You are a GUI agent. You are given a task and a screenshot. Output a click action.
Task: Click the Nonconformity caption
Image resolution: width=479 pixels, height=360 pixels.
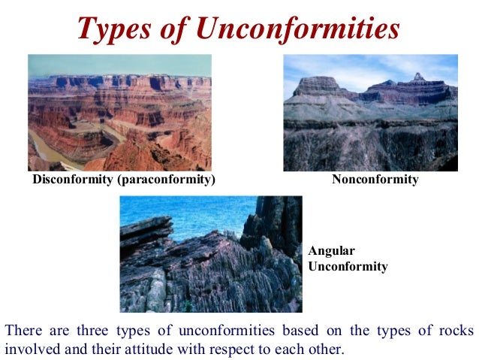pyautogui.click(x=375, y=180)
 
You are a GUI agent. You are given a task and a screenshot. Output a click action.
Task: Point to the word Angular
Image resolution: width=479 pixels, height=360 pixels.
pyautogui.click(x=329, y=251)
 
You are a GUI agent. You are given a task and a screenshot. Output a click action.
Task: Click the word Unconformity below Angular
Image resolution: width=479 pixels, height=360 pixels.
pyautogui.click(x=348, y=266)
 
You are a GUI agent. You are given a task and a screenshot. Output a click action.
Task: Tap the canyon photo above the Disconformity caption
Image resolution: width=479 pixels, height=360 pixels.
pyautogui.click(x=119, y=113)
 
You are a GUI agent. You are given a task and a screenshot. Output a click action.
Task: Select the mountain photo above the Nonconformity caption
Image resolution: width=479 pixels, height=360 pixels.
pyautogui.click(x=370, y=113)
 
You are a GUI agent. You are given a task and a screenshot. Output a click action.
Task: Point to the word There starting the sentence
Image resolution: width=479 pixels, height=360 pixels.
pyautogui.click(x=23, y=331)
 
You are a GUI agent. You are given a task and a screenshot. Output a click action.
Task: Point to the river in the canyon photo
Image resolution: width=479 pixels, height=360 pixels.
pyautogui.click(x=45, y=150)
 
